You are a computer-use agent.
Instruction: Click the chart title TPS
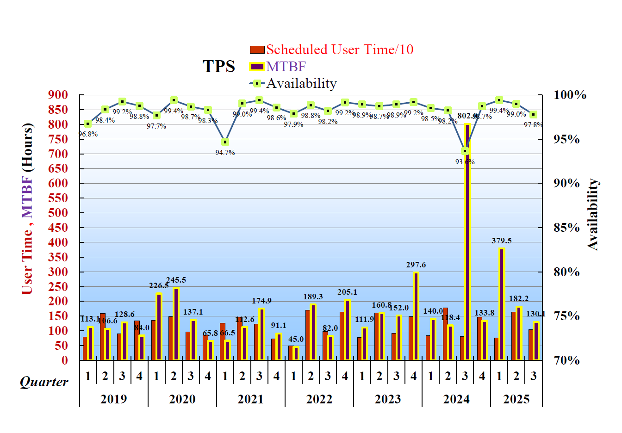[x=219, y=67]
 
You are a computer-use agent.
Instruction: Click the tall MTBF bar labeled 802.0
[x=467, y=241]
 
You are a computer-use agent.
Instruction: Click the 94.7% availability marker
[x=225, y=142]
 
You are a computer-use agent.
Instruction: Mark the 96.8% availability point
[x=88, y=124]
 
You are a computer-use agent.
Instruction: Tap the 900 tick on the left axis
[x=58, y=95]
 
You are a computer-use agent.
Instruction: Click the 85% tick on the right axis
[x=566, y=228]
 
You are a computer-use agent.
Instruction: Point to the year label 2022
[x=319, y=399]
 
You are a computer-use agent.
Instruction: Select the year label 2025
[x=516, y=399]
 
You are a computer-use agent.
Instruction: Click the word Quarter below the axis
[x=44, y=382]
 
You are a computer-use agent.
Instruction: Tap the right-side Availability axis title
[x=593, y=215]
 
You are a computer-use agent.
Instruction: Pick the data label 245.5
[x=176, y=280]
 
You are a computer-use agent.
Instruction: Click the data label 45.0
[x=296, y=339]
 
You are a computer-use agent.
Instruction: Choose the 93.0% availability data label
[x=465, y=162]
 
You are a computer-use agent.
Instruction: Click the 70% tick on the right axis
[x=566, y=360]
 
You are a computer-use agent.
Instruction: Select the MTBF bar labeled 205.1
[x=347, y=329]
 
